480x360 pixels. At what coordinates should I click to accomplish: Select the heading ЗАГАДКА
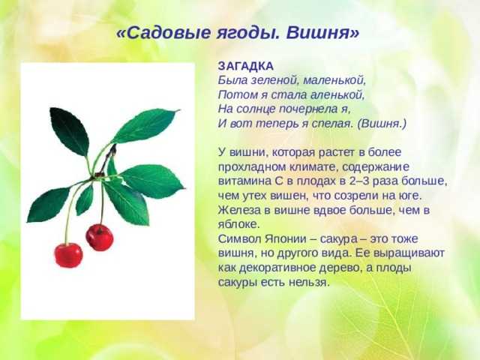point(246,66)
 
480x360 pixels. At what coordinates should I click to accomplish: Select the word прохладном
point(247,167)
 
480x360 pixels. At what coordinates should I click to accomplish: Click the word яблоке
point(238,224)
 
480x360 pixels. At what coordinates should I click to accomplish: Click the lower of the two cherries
point(68,255)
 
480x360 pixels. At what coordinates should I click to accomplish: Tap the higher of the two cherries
point(100,238)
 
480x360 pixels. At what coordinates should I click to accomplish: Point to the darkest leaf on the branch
point(70,131)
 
